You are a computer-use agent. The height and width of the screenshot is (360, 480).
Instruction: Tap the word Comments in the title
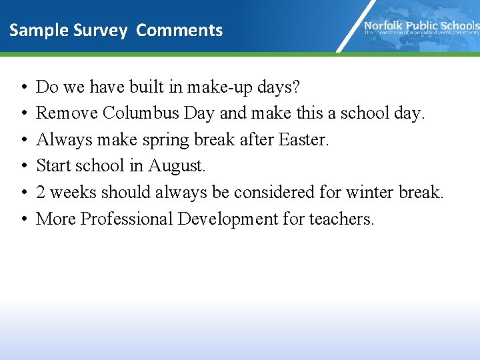tap(179, 31)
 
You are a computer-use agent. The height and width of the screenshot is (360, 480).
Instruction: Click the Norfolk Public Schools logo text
tap(421, 26)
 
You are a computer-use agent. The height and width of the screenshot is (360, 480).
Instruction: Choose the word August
tap(178, 166)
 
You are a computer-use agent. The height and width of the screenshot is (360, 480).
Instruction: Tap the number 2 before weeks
tap(41, 193)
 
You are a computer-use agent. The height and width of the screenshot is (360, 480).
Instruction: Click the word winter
tap(369, 193)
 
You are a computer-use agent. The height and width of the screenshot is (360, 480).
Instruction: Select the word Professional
tap(127, 219)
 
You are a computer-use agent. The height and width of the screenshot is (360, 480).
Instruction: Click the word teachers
tap(341, 219)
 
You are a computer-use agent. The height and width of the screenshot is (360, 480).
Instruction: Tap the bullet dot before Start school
tap(23, 166)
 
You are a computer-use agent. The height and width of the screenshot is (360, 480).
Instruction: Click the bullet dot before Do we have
tap(23, 87)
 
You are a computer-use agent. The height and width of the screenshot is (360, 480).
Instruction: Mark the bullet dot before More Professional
tap(23, 219)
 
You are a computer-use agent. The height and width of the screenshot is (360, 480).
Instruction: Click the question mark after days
tap(296, 87)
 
